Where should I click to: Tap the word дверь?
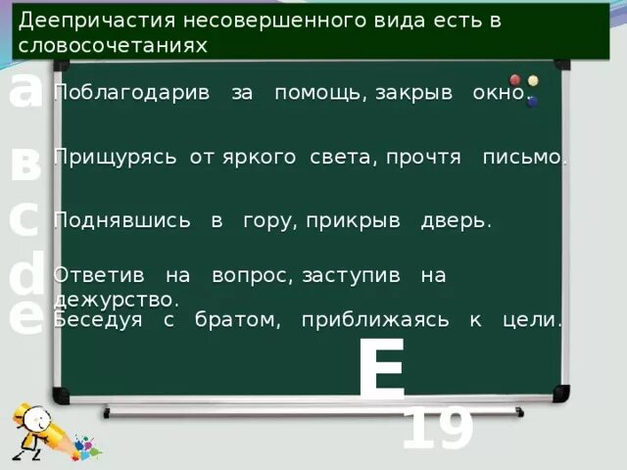click(456, 221)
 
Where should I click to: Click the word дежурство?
click(116, 299)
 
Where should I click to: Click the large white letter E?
click(381, 369)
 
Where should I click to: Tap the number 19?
click(438, 430)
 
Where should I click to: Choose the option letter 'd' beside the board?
click(26, 275)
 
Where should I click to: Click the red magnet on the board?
click(515, 80)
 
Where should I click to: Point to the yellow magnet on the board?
click(533, 80)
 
